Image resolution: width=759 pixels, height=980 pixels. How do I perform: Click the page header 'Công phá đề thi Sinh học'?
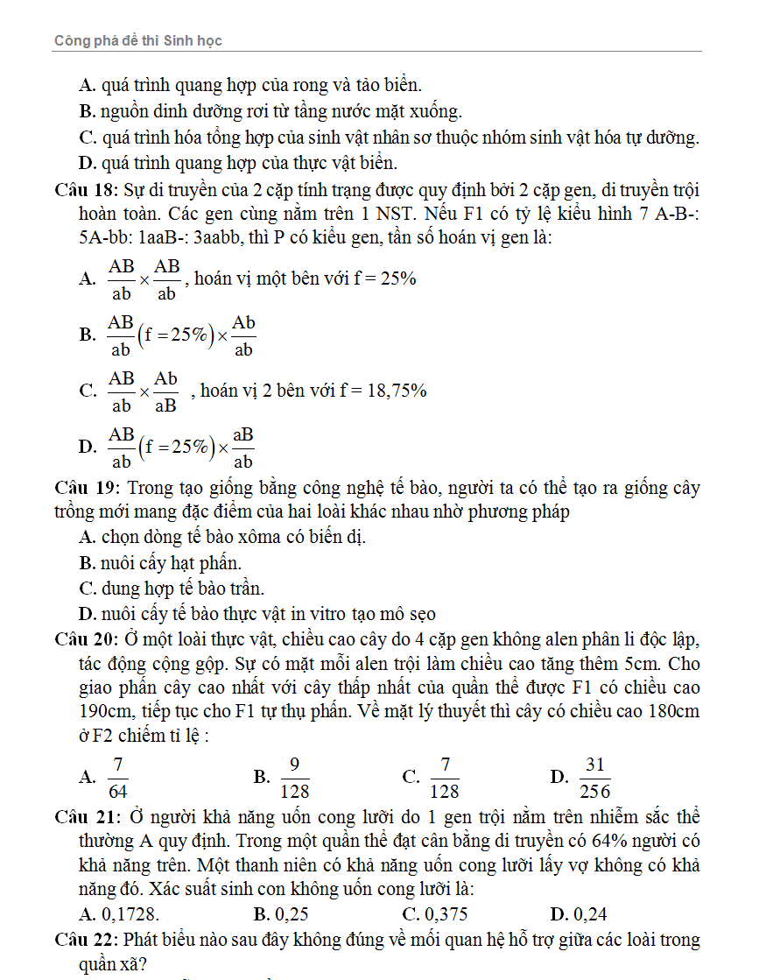(144, 40)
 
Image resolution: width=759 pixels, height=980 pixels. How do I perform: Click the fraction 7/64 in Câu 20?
(118, 777)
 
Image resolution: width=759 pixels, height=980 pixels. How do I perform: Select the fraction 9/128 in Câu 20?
(295, 777)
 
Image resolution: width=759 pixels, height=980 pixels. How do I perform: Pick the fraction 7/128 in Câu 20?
(445, 777)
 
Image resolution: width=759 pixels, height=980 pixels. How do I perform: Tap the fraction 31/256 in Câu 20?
(595, 777)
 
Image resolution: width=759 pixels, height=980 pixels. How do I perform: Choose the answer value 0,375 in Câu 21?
(446, 915)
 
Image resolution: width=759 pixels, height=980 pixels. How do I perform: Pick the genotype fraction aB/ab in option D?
(242, 447)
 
